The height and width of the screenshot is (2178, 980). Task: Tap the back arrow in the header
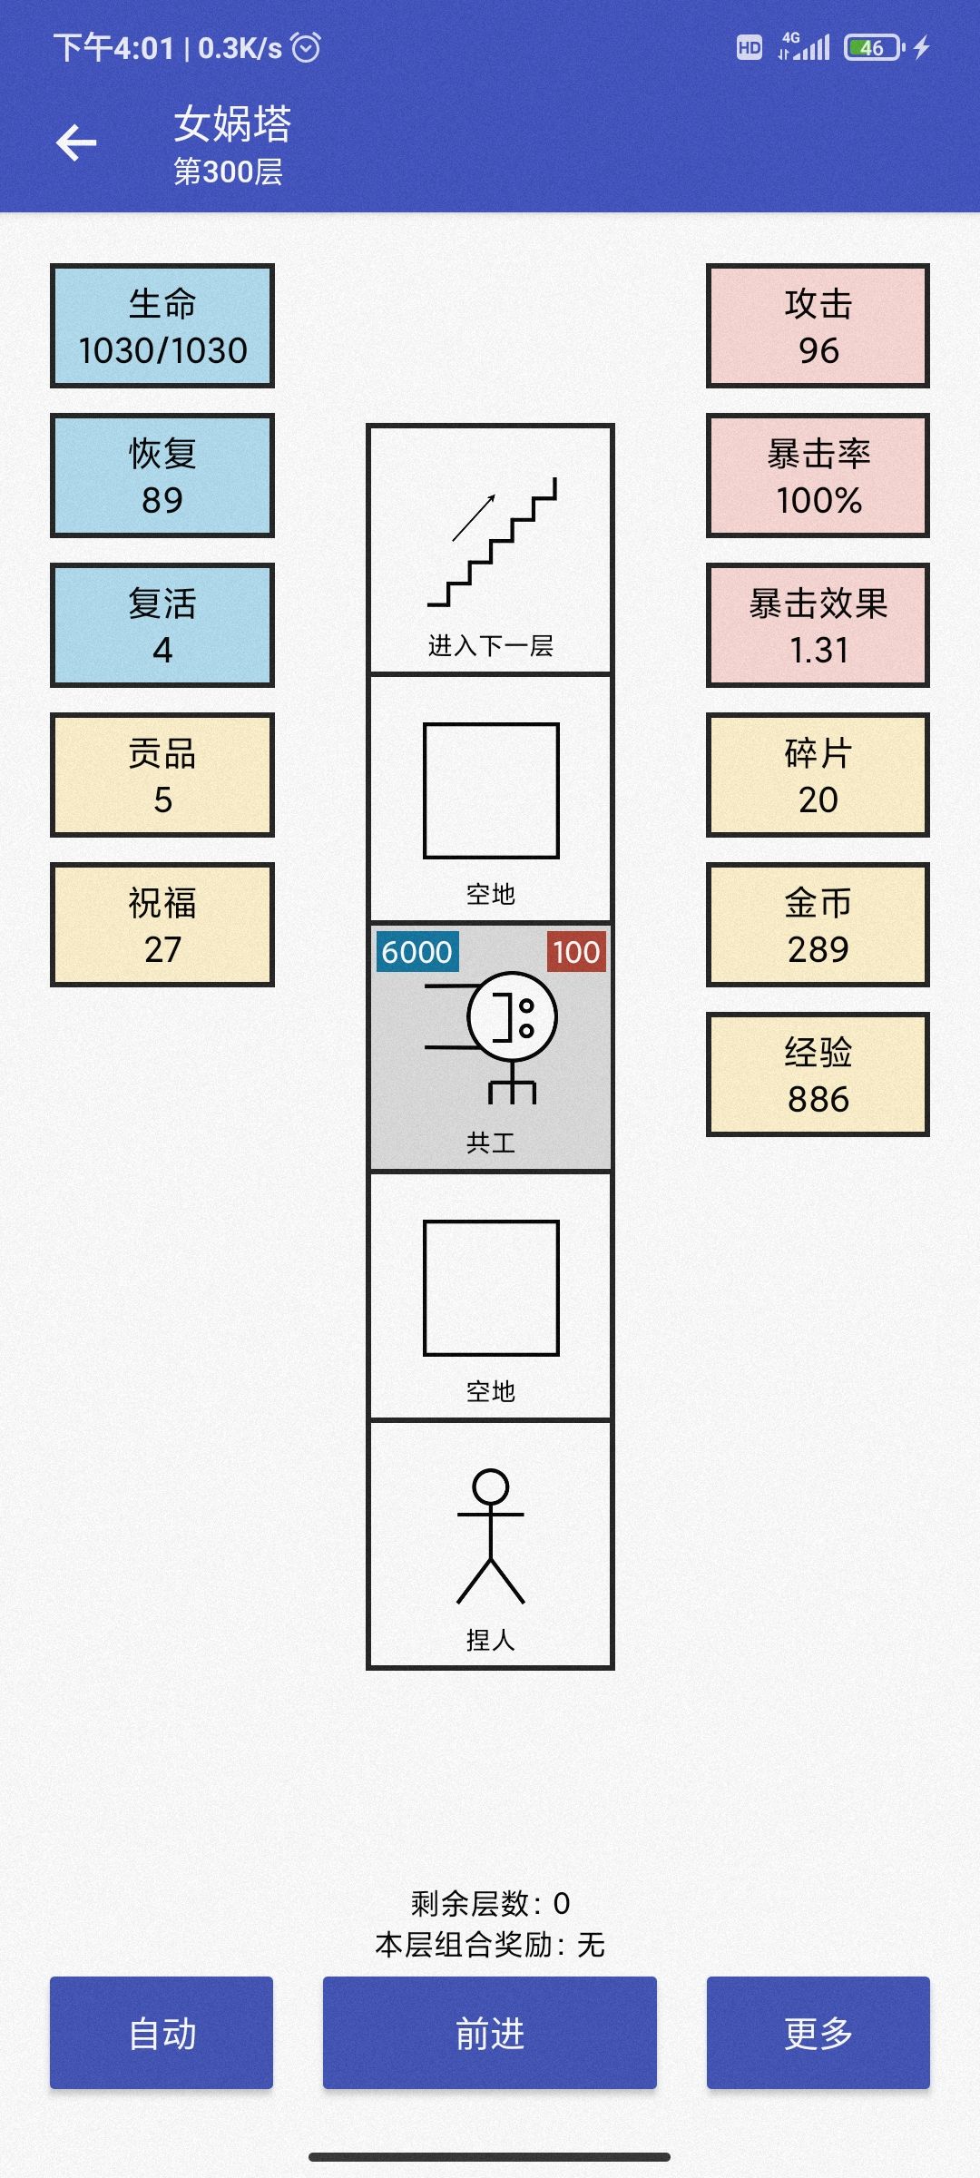[76, 143]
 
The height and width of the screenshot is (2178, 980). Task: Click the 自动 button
[162, 2033]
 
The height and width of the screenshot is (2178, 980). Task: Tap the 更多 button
[818, 2033]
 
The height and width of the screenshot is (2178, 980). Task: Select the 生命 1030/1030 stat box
[162, 326]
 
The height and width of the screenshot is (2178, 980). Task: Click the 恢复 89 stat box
[162, 476]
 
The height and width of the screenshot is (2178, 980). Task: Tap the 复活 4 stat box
[162, 625]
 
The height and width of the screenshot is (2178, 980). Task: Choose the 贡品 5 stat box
[162, 775]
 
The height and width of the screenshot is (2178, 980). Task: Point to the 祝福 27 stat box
[162, 925]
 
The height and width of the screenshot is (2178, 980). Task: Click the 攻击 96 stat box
[818, 326]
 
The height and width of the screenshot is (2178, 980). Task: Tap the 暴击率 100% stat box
[818, 476]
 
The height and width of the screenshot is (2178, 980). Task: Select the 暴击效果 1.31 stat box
[818, 625]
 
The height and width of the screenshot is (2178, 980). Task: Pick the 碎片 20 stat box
[818, 775]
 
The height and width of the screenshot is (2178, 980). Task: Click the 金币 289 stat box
[818, 925]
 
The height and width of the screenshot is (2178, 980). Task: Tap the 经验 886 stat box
[818, 1074]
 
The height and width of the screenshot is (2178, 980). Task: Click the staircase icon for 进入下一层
[493, 542]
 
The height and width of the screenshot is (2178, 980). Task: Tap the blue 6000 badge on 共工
[417, 952]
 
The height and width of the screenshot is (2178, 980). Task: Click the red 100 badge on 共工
[576, 952]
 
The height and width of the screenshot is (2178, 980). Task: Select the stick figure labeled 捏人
[491, 1536]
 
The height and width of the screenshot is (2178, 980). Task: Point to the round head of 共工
[512, 1016]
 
